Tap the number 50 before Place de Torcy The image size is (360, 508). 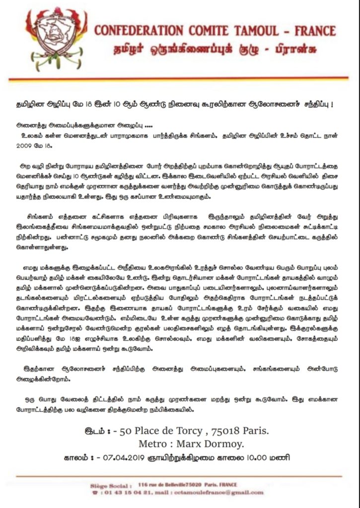tap(126, 431)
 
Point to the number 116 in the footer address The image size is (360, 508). tap(144, 484)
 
